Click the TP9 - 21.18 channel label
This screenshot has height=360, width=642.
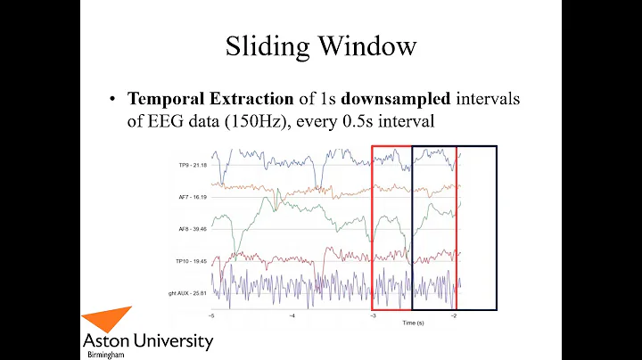(x=193, y=166)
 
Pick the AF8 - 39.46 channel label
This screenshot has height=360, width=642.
(x=193, y=228)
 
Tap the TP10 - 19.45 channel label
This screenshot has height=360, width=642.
(x=192, y=260)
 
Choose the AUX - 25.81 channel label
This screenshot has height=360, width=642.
(x=190, y=292)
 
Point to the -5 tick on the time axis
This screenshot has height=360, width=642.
(x=211, y=315)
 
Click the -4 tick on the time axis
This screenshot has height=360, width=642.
(x=292, y=315)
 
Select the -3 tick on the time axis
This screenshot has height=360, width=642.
(x=373, y=315)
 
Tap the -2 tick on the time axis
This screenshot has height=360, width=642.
(x=453, y=315)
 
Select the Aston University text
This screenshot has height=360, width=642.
(x=147, y=341)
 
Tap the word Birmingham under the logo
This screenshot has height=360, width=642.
(x=104, y=354)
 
